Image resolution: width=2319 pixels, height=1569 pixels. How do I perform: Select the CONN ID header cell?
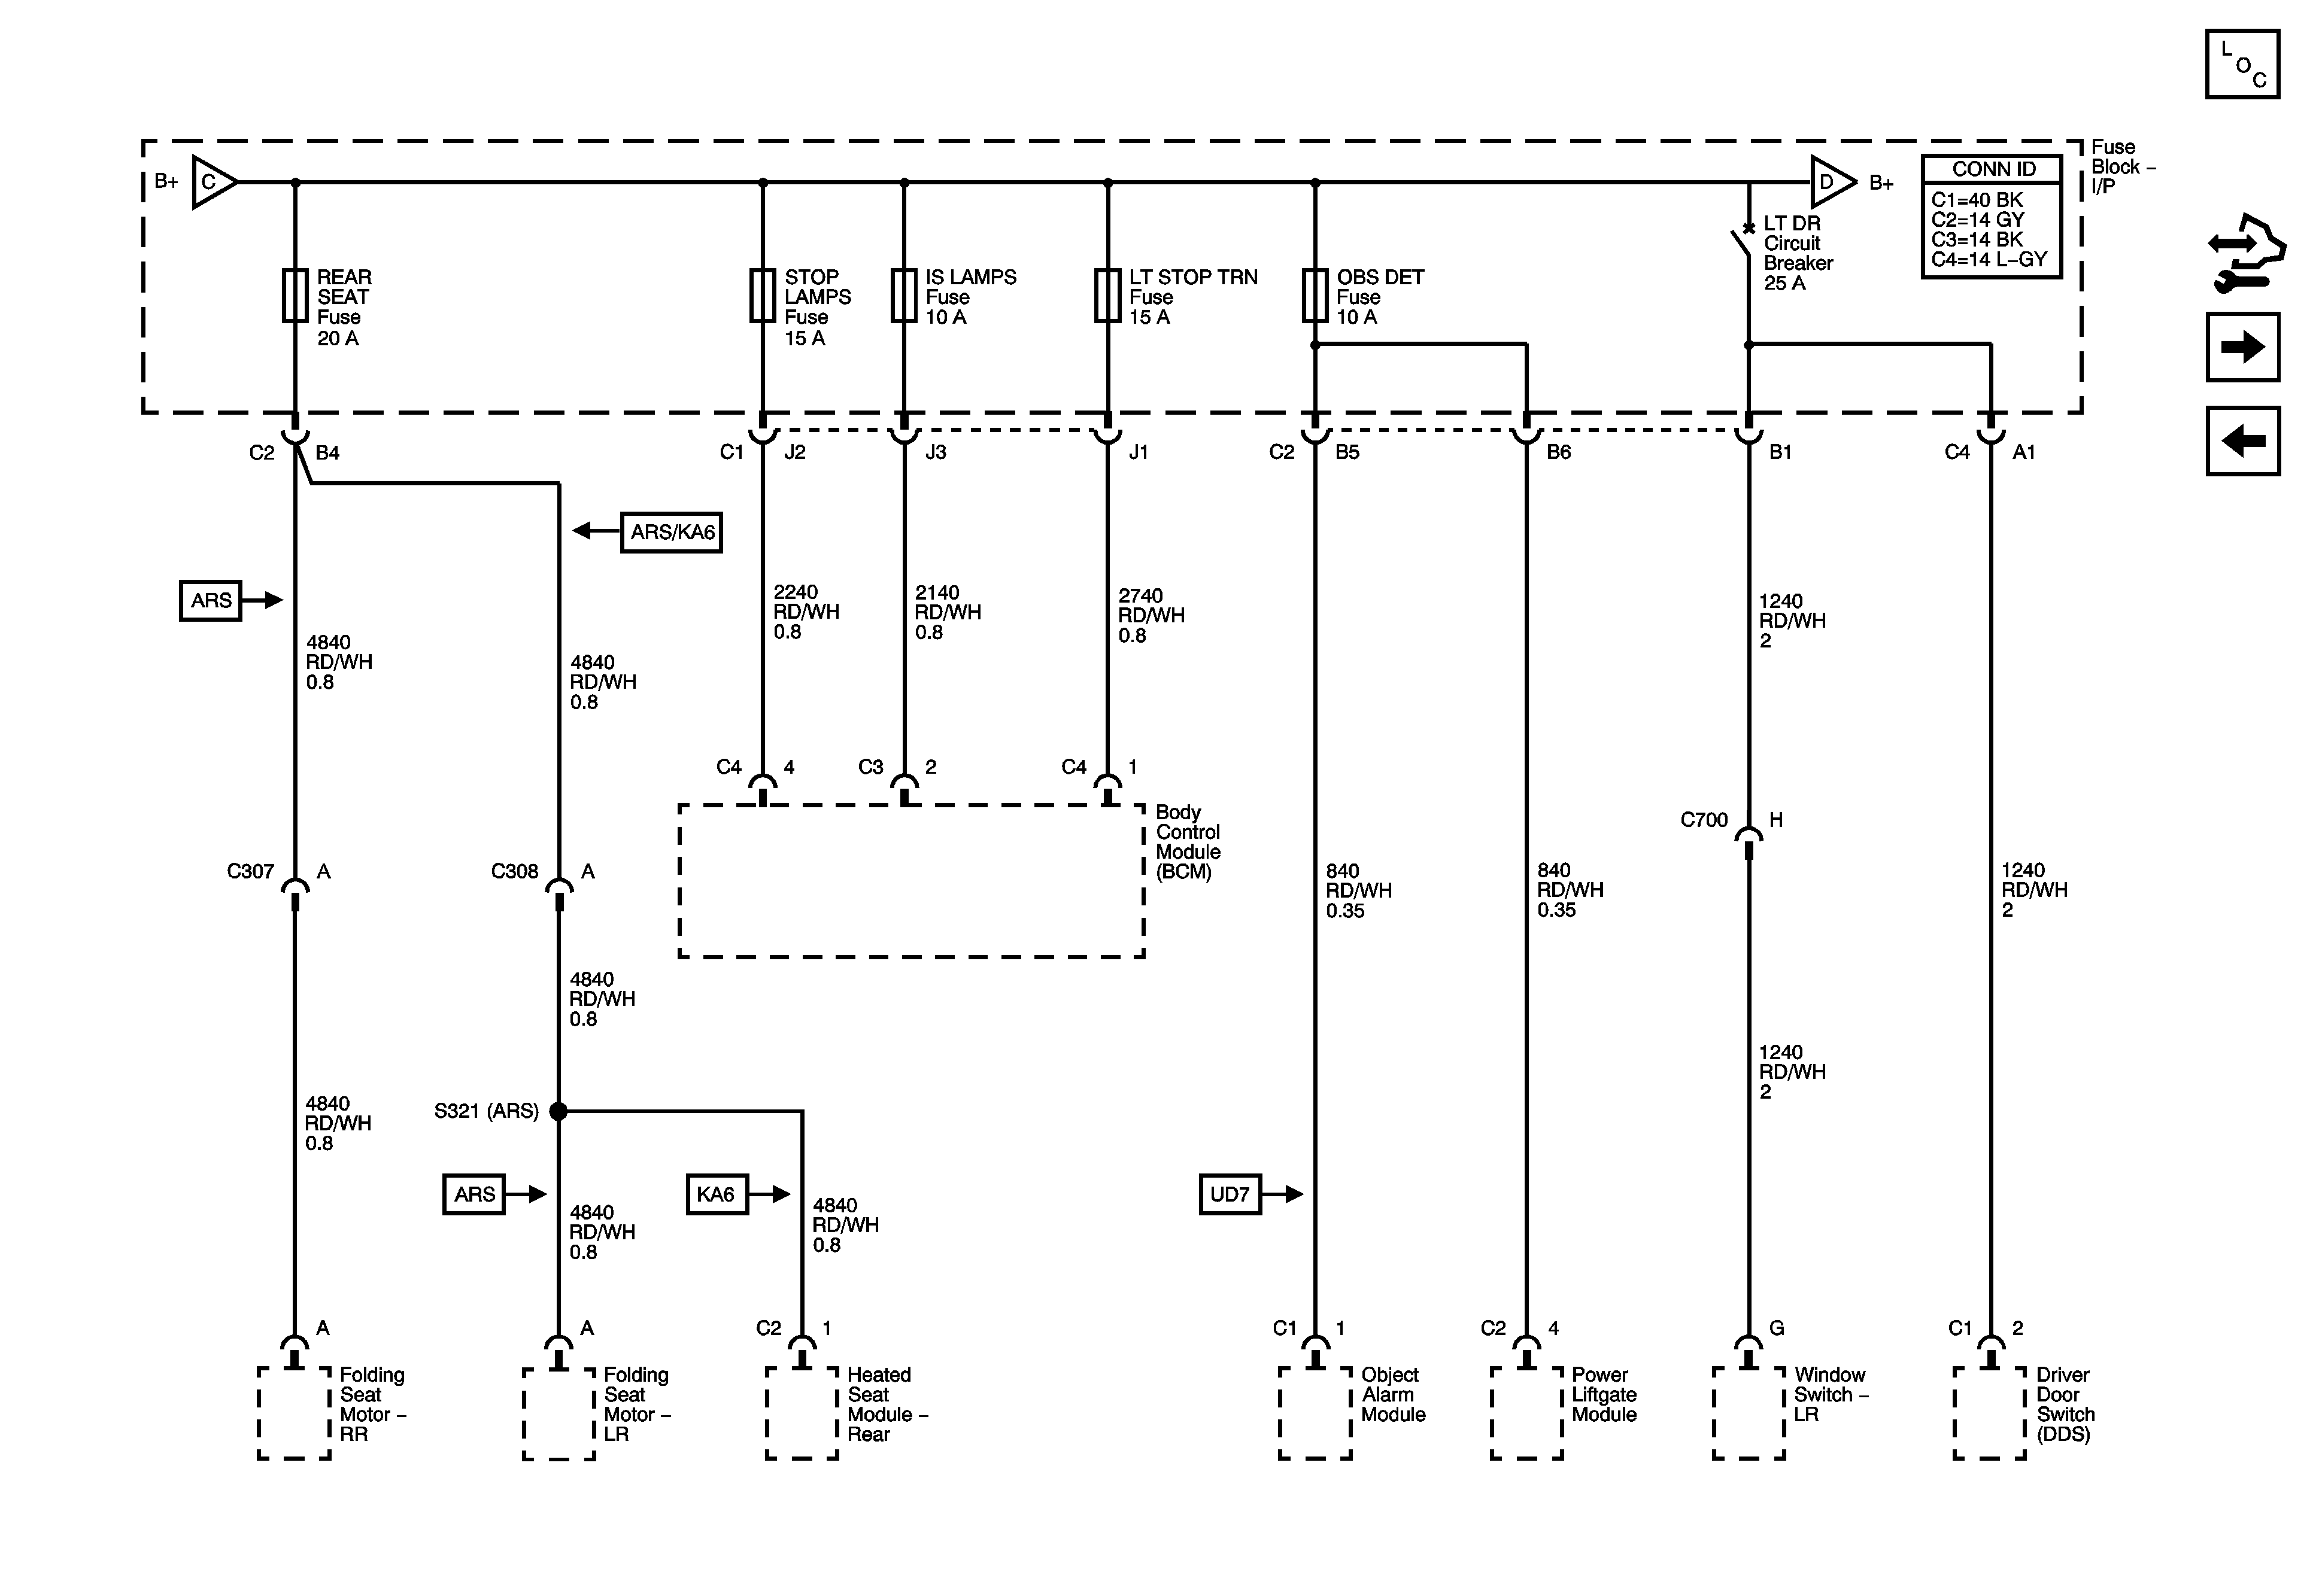(1992, 169)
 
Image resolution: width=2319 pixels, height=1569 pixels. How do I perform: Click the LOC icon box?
(2242, 65)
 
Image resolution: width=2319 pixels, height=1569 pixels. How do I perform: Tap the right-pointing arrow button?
(2242, 347)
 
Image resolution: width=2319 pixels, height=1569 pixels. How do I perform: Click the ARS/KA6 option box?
(672, 531)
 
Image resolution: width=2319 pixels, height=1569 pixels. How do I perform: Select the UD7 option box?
(1230, 1194)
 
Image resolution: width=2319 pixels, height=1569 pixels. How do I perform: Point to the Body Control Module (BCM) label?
(1188, 842)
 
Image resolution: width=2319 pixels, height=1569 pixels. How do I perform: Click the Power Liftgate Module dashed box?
(1526, 1412)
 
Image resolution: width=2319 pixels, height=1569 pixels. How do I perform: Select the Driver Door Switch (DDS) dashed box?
(1990, 1412)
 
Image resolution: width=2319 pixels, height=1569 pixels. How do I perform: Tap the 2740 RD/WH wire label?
(1151, 615)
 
